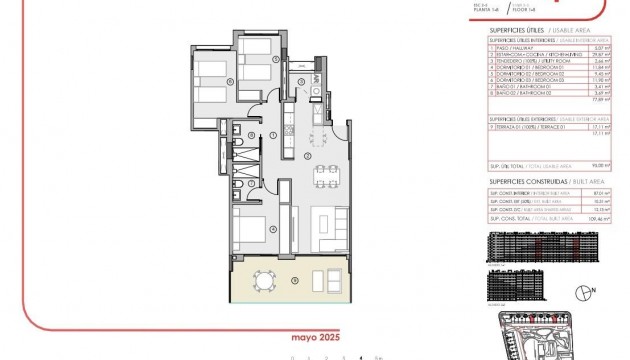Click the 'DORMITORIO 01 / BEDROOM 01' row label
coord(521,65)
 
